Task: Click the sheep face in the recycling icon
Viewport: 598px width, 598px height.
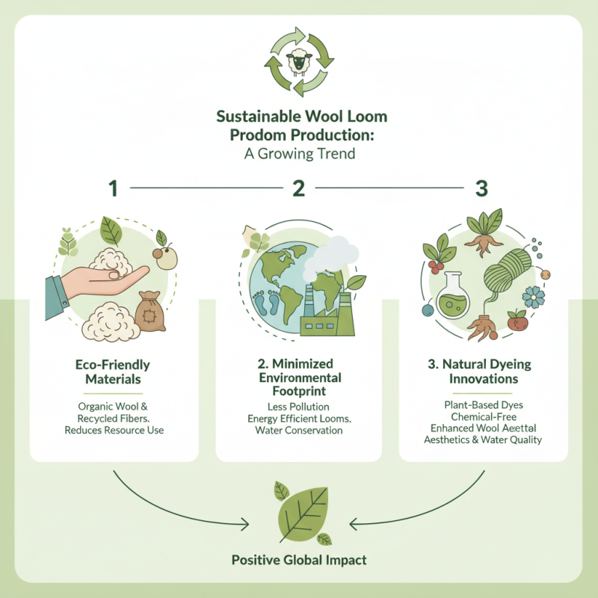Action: [299, 61]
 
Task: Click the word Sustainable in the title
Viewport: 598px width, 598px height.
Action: [258, 117]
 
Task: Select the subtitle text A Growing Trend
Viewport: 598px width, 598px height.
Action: [299, 155]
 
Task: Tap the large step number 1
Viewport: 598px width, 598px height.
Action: [114, 188]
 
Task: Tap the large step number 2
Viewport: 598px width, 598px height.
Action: [299, 188]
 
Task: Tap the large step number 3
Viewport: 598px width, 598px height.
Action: [481, 188]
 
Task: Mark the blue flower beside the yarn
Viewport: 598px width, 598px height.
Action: [534, 297]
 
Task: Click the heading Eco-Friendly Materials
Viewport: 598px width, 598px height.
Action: [113, 372]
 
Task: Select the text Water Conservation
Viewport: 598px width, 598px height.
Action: [299, 431]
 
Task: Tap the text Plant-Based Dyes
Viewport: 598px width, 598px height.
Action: [484, 405]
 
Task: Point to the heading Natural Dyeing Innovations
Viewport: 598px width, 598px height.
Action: [484, 372]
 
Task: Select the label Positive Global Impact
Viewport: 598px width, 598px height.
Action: [299, 559]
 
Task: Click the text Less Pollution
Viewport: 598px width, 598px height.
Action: [299, 406]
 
